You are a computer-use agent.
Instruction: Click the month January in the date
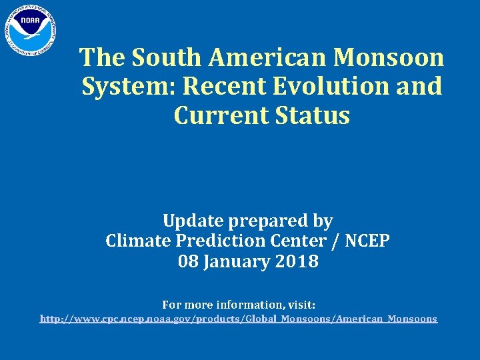(235, 262)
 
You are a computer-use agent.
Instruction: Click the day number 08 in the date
(189, 261)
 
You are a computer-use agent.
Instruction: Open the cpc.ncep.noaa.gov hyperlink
(239, 319)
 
